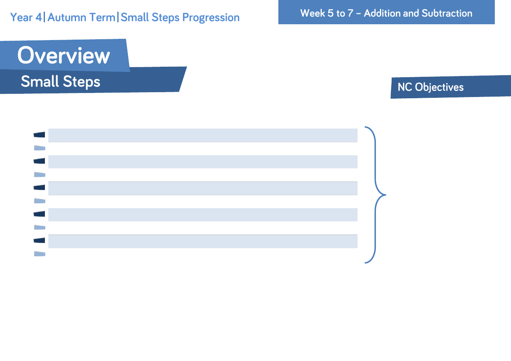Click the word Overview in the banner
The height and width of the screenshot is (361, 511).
tap(64, 55)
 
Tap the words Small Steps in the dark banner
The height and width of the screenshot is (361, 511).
tap(60, 82)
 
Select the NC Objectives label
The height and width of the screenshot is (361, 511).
tap(430, 87)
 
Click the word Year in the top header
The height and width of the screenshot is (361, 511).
tap(21, 17)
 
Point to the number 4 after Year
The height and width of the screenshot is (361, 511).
tap(39, 17)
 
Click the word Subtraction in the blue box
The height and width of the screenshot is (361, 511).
tap(447, 13)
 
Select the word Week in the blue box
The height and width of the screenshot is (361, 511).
tap(312, 13)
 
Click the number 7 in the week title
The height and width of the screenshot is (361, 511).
tap(350, 13)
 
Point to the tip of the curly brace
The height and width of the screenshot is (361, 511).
tap(386, 195)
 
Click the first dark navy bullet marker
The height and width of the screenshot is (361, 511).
tap(39, 135)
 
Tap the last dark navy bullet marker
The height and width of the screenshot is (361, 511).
tap(39, 241)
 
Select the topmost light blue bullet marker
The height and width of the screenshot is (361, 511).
tap(40, 148)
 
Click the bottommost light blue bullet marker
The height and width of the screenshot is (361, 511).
tap(40, 253)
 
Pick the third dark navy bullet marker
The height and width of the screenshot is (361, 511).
tap(39, 188)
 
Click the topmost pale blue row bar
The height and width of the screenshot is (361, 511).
tap(203, 135)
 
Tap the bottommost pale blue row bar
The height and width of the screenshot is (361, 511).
tap(203, 241)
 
